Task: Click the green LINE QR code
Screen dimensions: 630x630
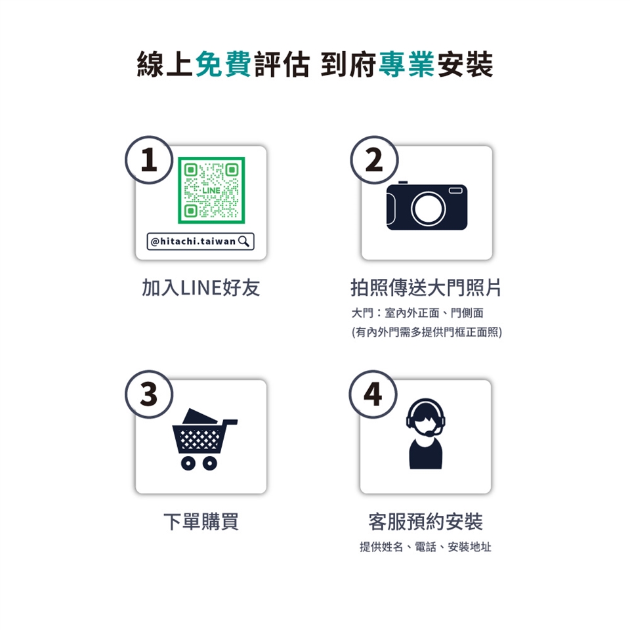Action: pyautogui.click(x=211, y=190)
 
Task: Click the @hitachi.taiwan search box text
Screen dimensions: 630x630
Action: pyautogui.click(x=193, y=241)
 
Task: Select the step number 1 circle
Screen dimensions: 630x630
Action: pyautogui.click(x=149, y=160)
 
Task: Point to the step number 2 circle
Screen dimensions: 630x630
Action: pyautogui.click(x=374, y=160)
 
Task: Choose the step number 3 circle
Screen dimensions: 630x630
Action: pyautogui.click(x=149, y=394)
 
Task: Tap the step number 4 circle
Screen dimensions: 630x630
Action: pyautogui.click(x=373, y=394)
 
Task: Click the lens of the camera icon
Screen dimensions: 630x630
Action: pyautogui.click(x=429, y=209)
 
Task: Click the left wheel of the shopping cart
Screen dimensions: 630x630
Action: pyautogui.click(x=188, y=463)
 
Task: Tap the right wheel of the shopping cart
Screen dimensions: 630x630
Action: pyautogui.click(x=210, y=463)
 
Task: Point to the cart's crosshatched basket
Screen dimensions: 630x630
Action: pyautogui.click(x=198, y=439)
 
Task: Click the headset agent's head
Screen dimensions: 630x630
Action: pyautogui.click(x=426, y=418)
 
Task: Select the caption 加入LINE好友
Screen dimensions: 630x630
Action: pyautogui.click(x=201, y=287)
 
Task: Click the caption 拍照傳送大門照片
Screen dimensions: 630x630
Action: pyautogui.click(x=426, y=287)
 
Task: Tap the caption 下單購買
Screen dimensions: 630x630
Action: pyautogui.click(x=201, y=522)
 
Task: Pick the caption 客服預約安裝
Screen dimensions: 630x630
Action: pyautogui.click(x=425, y=522)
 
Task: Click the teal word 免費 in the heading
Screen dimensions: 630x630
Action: pyautogui.click(x=223, y=64)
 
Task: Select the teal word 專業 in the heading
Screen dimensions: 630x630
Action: pyautogui.click(x=407, y=64)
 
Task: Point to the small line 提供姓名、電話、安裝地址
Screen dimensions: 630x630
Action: pyautogui.click(x=425, y=547)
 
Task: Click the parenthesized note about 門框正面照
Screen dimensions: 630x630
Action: pyautogui.click(x=427, y=332)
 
